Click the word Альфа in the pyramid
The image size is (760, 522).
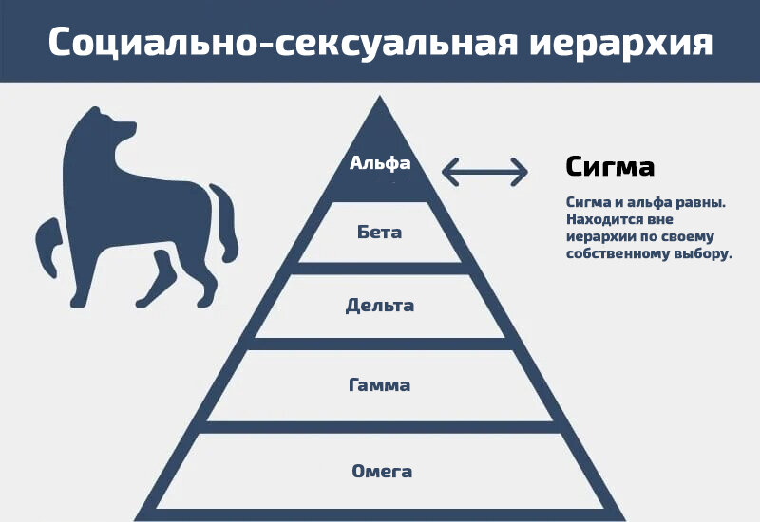pos(380,163)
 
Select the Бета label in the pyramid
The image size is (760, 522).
pos(380,233)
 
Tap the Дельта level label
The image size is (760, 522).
pos(380,306)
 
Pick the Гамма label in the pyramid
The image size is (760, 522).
pos(380,384)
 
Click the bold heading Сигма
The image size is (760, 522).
pos(610,167)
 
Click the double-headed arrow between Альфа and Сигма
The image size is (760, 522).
pos(484,172)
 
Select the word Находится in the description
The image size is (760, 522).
pos(600,219)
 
